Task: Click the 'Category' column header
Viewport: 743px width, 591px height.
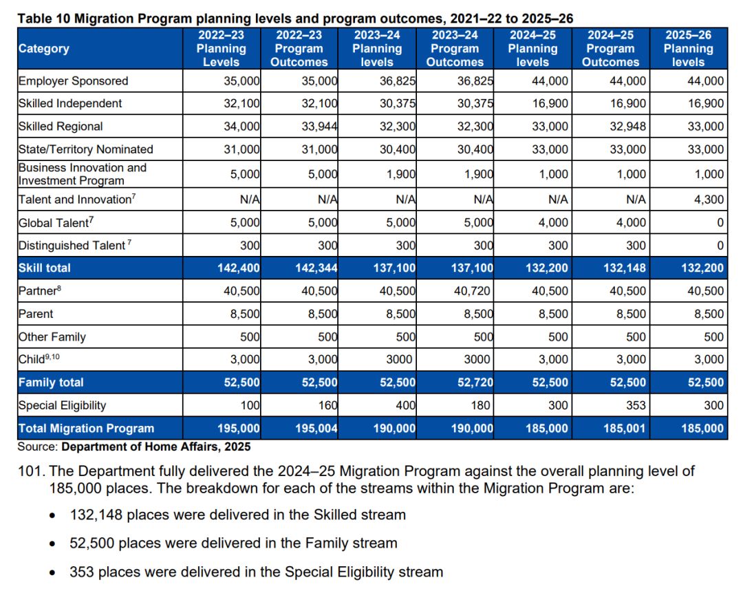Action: coord(43,49)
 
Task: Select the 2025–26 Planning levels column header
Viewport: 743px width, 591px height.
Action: coord(688,49)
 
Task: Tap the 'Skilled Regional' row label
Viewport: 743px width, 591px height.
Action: coord(61,127)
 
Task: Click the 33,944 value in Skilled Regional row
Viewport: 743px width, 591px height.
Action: coord(321,127)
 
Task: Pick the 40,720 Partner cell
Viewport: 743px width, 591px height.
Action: coord(474,291)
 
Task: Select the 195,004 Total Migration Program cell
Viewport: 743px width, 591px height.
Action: coord(315,428)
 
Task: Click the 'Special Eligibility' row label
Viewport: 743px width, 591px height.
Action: coord(62,405)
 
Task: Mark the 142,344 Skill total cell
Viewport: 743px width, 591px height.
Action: coord(315,268)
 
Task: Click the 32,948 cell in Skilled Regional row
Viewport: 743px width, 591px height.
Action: coord(629,127)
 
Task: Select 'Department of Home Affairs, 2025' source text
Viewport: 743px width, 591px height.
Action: coord(156,447)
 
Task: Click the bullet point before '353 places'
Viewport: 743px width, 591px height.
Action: coord(53,572)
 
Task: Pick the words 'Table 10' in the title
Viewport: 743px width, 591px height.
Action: coord(42,19)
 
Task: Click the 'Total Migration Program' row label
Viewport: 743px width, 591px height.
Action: coord(86,428)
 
